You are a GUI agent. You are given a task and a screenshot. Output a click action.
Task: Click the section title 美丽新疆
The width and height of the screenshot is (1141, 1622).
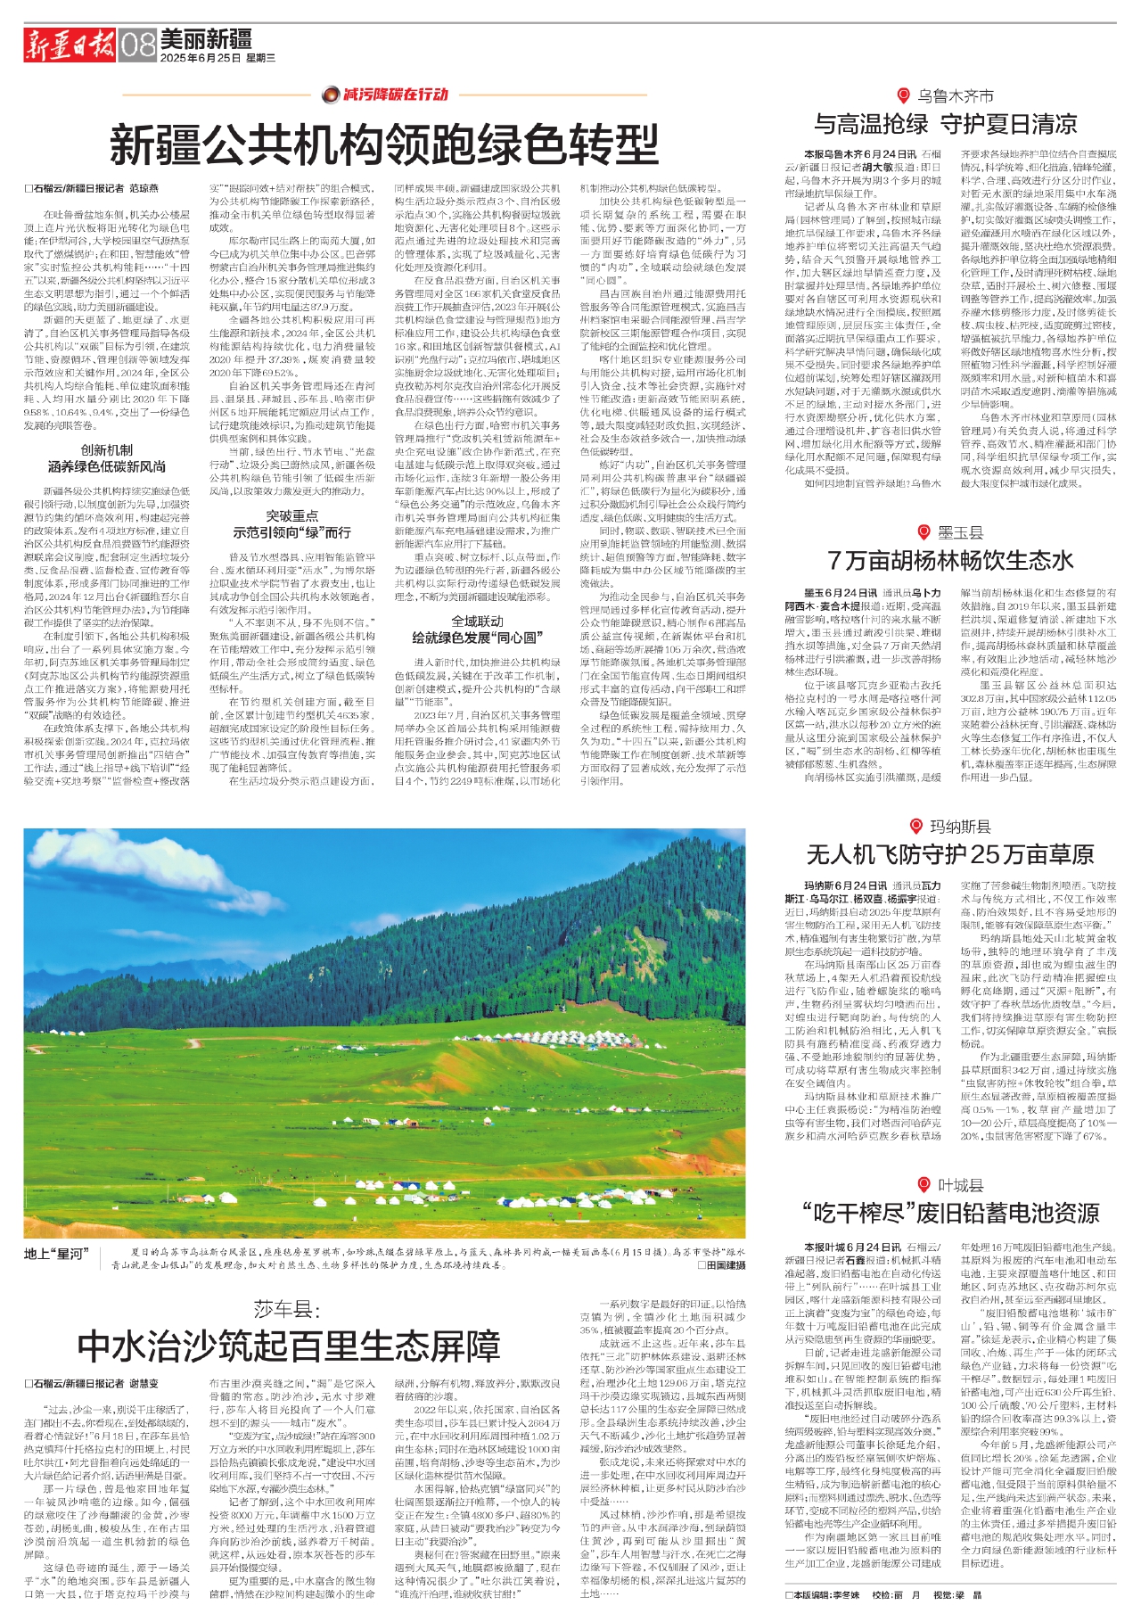click(x=206, y=39)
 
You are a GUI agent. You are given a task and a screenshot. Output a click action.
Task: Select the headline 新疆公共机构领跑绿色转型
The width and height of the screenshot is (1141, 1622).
click(x=384, y=144)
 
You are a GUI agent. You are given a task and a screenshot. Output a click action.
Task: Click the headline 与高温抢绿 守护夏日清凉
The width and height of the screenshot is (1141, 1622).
click(x=946, y=124)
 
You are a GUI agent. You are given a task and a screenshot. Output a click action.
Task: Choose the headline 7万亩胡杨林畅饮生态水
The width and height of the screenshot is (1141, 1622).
click(x=950, y=560)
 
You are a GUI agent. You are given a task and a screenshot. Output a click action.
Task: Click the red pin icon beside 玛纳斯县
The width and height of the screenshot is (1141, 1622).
click(x=915, y=827)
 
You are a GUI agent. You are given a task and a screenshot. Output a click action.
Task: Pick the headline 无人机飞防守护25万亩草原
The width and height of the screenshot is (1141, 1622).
click(x=950, y=854)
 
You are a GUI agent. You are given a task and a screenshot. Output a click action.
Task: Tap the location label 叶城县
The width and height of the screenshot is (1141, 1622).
click(x=960, y=1185)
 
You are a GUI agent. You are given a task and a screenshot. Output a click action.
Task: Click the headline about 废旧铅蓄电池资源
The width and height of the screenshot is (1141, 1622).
click(x=950, y=1213)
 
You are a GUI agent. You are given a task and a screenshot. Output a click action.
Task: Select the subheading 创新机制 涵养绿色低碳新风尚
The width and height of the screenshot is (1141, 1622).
click(x=107, y=458)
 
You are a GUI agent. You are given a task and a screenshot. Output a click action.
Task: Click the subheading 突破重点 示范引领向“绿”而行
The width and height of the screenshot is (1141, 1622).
click(x=291, y=524)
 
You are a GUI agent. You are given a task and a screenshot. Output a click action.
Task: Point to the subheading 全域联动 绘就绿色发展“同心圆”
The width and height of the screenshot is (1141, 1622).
click(x=477, y=630)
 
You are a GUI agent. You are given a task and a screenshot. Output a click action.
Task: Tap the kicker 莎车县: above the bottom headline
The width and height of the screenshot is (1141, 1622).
click(x=286, y=1309)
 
